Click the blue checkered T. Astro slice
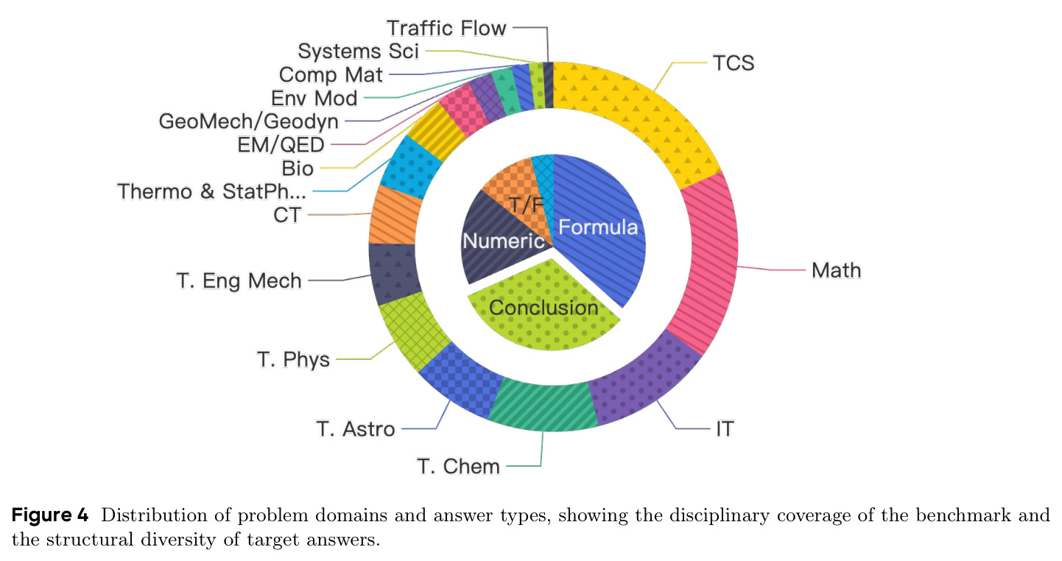459,379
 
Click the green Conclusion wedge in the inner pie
544,308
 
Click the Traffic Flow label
446,28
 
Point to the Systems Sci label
359,52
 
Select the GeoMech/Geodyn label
249,121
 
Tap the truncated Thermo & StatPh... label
211,191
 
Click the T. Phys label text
293,359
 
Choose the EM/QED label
281,145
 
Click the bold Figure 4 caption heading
50,515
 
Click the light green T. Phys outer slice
412,329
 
